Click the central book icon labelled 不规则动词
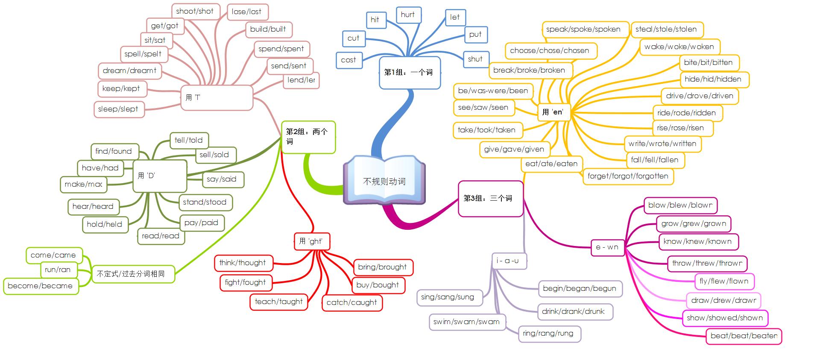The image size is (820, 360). tap(384, 181)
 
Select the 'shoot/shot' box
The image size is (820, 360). tap(195, 12)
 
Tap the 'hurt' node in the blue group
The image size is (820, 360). tap(408, 15)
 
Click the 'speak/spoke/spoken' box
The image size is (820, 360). tap(583, 29)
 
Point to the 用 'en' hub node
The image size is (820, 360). tap(553, 112)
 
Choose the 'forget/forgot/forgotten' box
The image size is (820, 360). tap(628, 176)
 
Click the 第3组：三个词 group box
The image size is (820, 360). tap(490, 199)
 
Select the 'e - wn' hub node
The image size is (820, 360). tap(607, 247)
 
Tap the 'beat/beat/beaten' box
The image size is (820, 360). tap(744, 336)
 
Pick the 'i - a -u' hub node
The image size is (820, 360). tap(508, 261)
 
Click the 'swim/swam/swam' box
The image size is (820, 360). tap(466, 322)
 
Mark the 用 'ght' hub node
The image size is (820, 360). tap(311, 242)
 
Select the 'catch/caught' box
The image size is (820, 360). tap(352, 303)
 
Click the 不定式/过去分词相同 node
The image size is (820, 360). tap(133, 274)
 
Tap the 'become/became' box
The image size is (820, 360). tap(41, 286)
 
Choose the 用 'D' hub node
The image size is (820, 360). tap(159, 176)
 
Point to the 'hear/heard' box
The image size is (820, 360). tap(93, 207)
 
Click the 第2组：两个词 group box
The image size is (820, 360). tap(308, 137)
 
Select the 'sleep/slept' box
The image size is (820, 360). tap(118, 109)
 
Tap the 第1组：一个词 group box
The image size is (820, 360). tap(409, 73)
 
